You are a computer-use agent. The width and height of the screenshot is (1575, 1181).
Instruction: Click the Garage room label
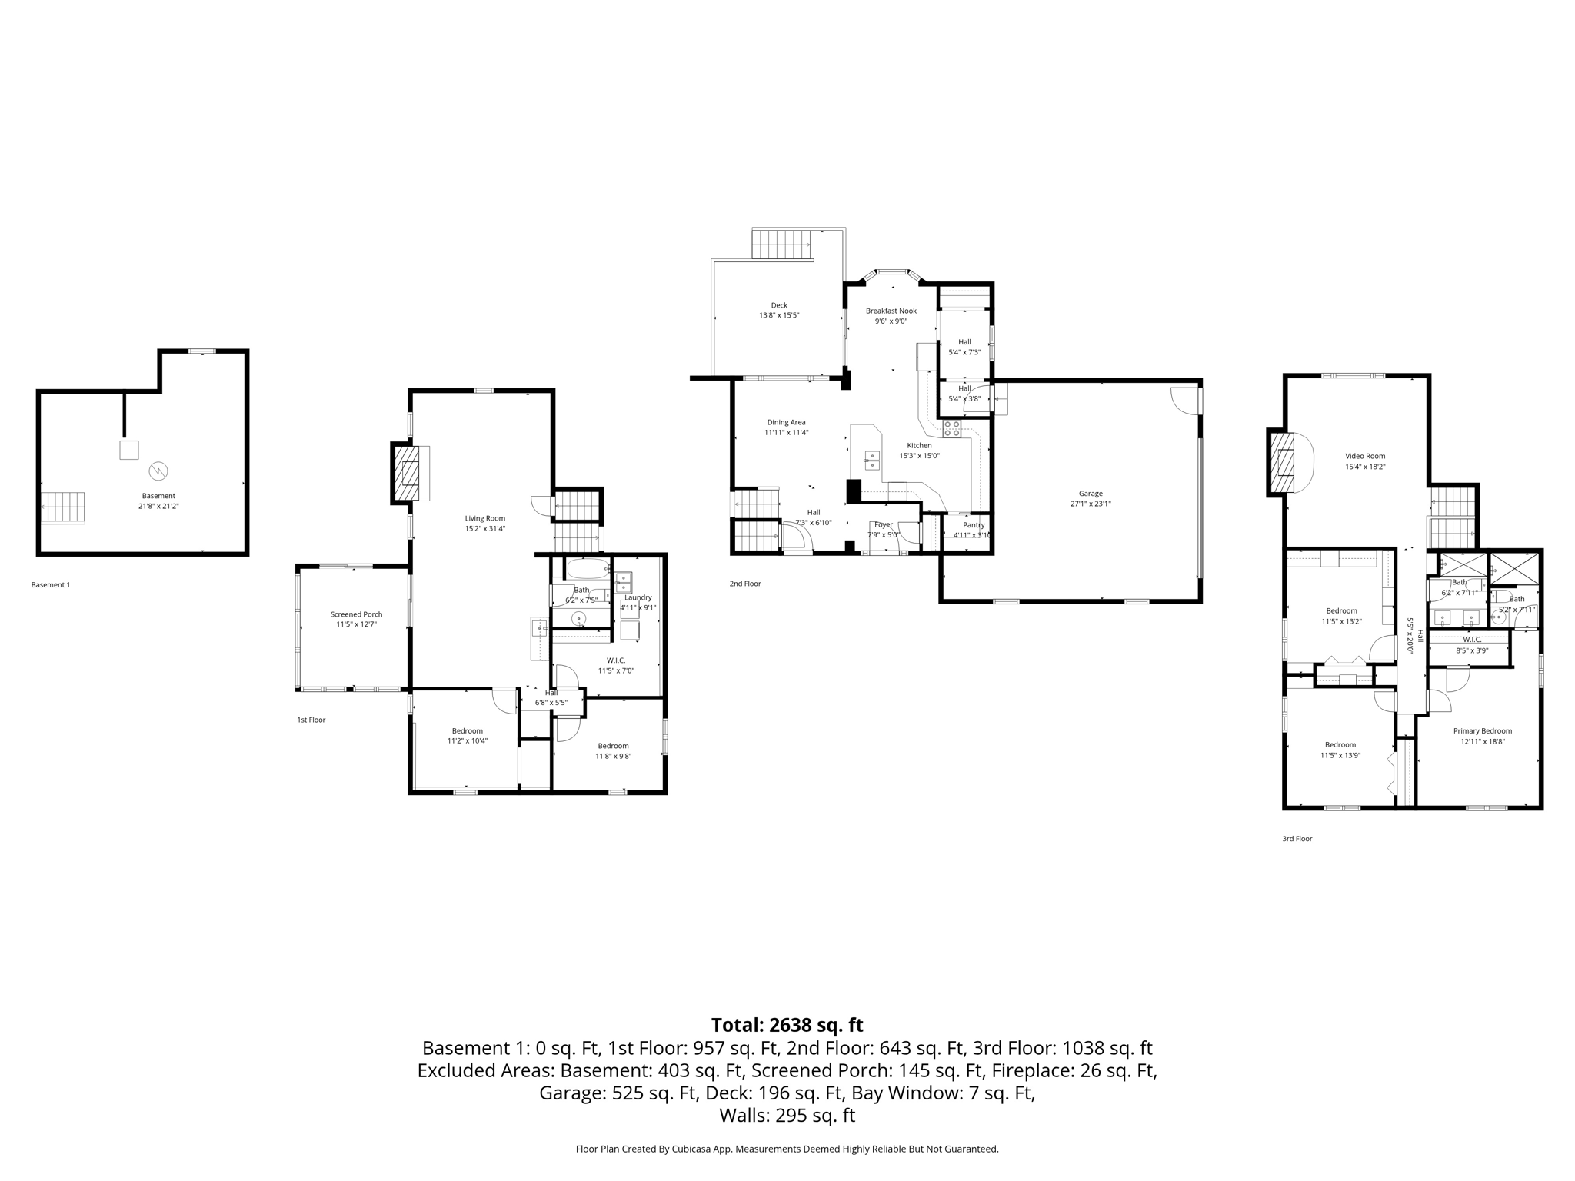pos(1090,494)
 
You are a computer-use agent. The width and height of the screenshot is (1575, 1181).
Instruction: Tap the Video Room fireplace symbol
pos(1282,462)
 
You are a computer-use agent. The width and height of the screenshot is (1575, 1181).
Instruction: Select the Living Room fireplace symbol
pos(405,472)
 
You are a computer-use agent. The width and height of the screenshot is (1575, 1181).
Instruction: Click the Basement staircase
pos(62,507)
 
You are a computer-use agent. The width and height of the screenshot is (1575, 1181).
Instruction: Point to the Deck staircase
pos(781,245)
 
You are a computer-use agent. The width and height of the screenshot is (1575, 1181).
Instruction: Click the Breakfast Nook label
pos(891,311)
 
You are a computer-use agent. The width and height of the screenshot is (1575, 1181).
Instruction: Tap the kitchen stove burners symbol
pos(952,428)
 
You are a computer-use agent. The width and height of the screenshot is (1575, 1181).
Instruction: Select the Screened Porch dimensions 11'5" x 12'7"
pos(356,624)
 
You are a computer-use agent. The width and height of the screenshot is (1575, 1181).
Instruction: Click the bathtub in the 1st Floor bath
pos(588,569)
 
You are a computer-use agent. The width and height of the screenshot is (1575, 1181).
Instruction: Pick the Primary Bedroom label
pos(1482,731)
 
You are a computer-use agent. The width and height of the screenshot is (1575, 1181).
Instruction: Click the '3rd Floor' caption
pos(1297,839)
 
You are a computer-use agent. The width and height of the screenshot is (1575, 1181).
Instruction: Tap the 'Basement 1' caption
pos(51,585)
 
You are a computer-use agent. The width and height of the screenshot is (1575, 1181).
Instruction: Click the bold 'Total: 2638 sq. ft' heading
pos(787,1025)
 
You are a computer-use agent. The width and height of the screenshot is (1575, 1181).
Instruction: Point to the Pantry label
pos(974,525)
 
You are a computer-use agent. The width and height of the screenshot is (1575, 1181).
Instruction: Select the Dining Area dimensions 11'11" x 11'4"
pos(786,432)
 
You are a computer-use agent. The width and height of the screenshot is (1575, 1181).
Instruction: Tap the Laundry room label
pos(638,597)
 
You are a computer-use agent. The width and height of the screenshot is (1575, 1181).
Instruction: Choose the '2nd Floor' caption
pos(745,584)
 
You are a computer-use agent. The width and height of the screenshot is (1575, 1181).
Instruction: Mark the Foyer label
pos(883,525)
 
